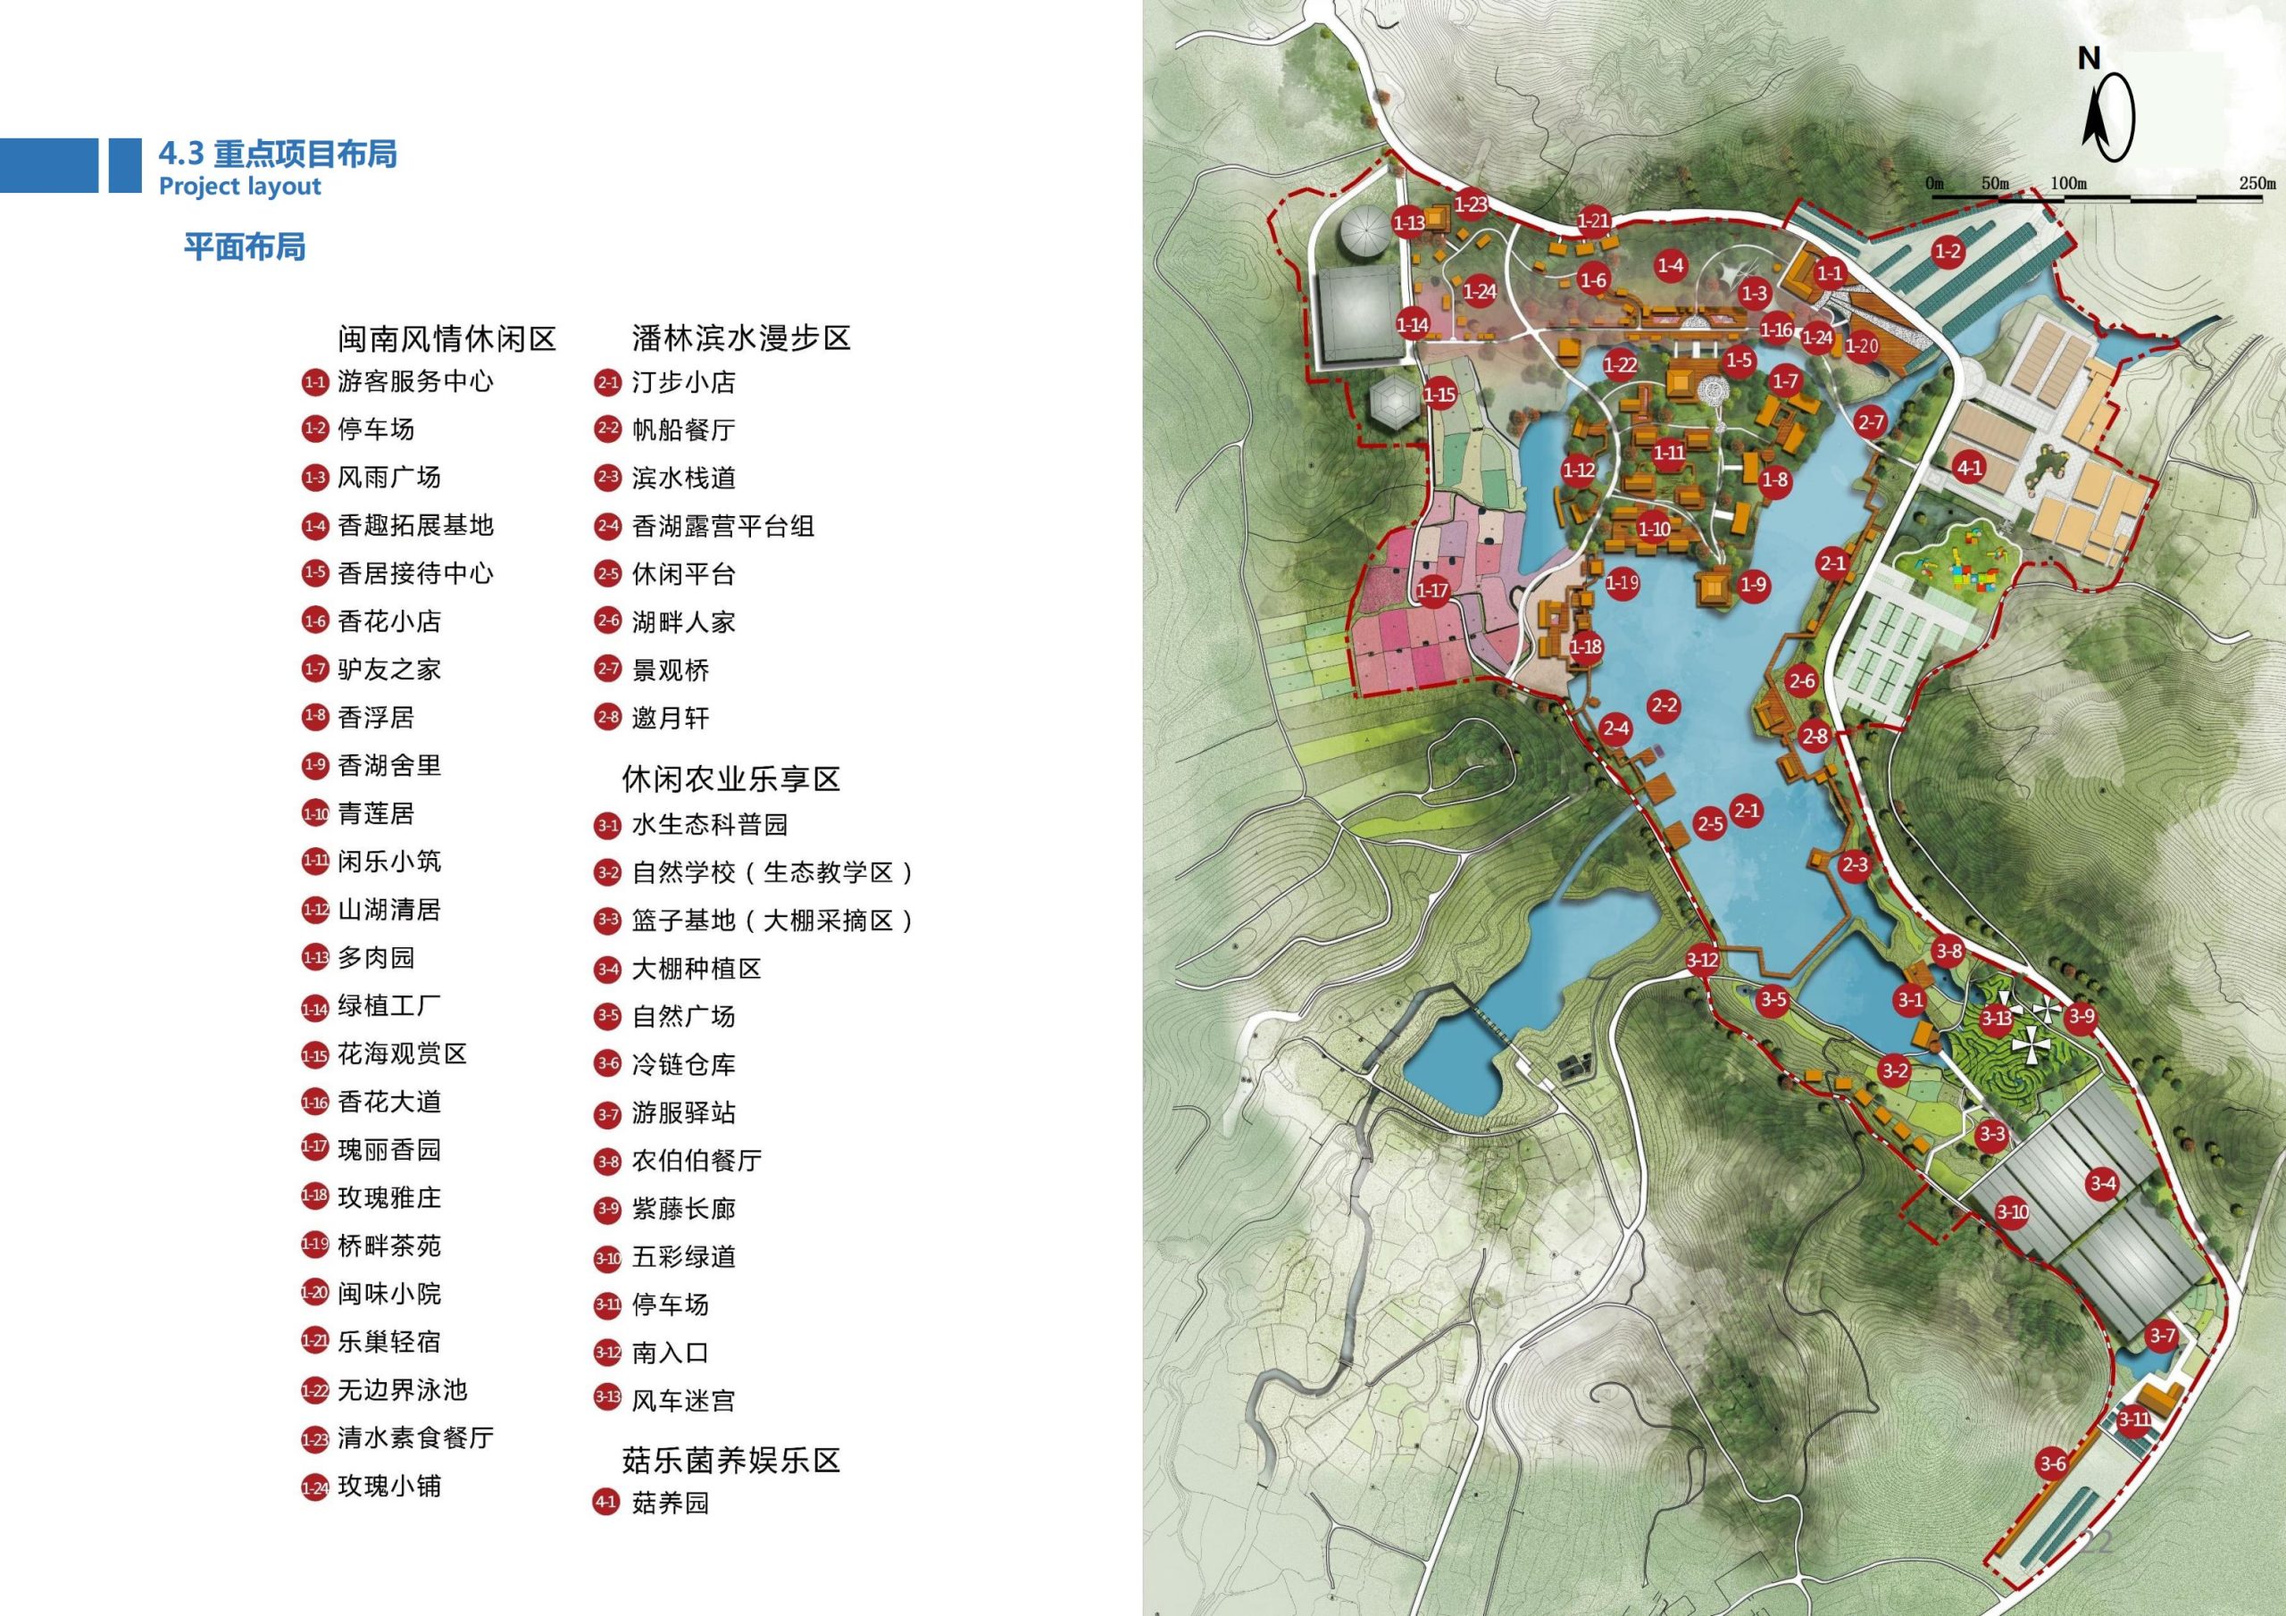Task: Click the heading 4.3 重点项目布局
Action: tap(277, 154)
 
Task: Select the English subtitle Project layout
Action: tap(240, 187)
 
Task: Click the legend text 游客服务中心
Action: tap(414, 381)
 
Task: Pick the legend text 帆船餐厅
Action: tap(683, 429)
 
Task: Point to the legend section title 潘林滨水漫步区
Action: tap(741, 337)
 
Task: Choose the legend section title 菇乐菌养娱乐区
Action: tap(730, 1461)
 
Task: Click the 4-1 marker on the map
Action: tap(1969, 467)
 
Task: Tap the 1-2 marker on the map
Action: tap(1948, 252)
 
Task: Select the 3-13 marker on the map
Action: tap(1994, 1018)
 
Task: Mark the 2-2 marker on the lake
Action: tap(1664, 706)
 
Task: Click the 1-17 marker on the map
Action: tap(1431, 590)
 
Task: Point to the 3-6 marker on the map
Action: tap(2052, 1462)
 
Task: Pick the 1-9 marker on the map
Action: tap(1752, 585)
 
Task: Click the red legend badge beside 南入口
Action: tap(607, 1352)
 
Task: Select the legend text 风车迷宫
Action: tap(683, 1401)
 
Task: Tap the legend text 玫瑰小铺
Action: tap(388, 1487)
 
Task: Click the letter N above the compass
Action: tap(2088, 60)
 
